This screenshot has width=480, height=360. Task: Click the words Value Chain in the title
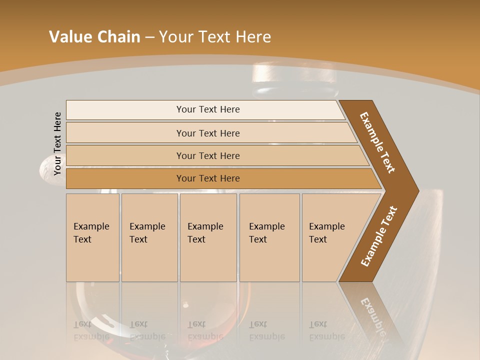pos(94,37)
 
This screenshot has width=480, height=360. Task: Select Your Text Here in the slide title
pos(215,37)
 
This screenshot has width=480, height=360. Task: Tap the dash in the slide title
pos(149,37)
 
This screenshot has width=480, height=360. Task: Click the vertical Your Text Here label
pos(57,143)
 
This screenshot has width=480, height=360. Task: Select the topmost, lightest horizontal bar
pos(207,109)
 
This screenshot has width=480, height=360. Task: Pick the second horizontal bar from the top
pos(207,133)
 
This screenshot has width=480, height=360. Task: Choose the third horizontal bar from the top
pos(207,155)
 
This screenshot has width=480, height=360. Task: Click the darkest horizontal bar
pos(207,178)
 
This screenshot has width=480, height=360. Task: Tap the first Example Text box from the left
pos(92,237)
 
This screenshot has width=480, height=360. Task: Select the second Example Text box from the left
pos(149,237)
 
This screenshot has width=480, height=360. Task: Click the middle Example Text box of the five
pos(208,237)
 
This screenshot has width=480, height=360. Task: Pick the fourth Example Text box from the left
pos(269,237)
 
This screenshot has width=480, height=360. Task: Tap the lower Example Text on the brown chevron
pos(379,236)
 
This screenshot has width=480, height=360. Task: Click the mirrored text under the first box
pos(91,330)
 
